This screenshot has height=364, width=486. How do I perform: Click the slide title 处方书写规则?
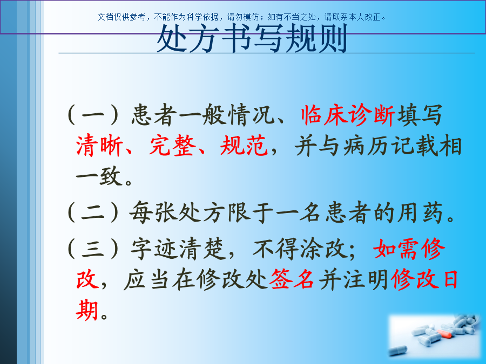tap(252, 39)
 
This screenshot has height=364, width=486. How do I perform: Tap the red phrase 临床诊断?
tap(348, 115)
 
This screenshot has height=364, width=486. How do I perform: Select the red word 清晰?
tap(99, 146)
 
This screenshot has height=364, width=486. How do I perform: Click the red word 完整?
tap(173, 146)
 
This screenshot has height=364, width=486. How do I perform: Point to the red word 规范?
tap(244, 146)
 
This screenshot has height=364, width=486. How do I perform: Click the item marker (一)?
tap(93, 115)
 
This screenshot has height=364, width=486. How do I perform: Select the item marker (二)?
tap(93, 212)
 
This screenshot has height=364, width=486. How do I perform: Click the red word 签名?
tap(292, 279)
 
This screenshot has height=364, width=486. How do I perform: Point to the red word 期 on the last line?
tap(87, 310)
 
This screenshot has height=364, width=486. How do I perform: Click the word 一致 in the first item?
tap(99, 176)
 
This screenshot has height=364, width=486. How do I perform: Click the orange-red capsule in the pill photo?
tap(444, 334)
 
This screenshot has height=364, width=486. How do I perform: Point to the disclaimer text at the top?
tap(242, 17)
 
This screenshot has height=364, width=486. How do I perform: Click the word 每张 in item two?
tap(153, 212)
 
